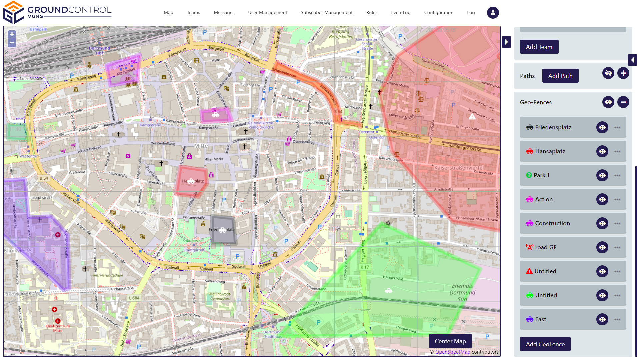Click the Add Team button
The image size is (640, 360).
pyautogui.click(x=539, y=47)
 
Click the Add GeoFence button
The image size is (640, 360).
pyautogui.click(x=545, y=344)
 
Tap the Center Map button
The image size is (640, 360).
pyautogui.click(x=450, y=341)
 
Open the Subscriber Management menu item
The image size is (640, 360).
pyautogui.click(x=326, y=13)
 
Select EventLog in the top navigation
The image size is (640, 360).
pyautogui.click(x=401, y=13)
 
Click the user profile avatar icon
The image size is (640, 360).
pyautogui.click(x=493, y=13)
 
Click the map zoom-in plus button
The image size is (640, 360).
pyautogui.click(x=12, y=34)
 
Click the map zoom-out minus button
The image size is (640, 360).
pyautogui.click(x=12, y=43)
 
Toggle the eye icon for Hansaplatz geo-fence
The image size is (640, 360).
pyautogui.click(x=602, y=151)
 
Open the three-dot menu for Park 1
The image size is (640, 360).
pyautogui.click(x=617, y=175)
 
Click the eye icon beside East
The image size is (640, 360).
pyautogui.click(x=602, y=319)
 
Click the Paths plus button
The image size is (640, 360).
pyautogui.click(x=623, y=73)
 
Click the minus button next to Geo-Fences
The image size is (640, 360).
pyautogui.click(x=623, y=102)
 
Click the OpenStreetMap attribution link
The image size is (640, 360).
pyautogui.click(x=452, y=352)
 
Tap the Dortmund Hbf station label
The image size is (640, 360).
pyautogui.click(x=99, y=50)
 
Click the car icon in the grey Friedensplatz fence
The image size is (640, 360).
pyautogui.click(x=223, y=230)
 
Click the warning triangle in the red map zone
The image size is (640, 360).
pyautogui.click(x=472, y=117)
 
